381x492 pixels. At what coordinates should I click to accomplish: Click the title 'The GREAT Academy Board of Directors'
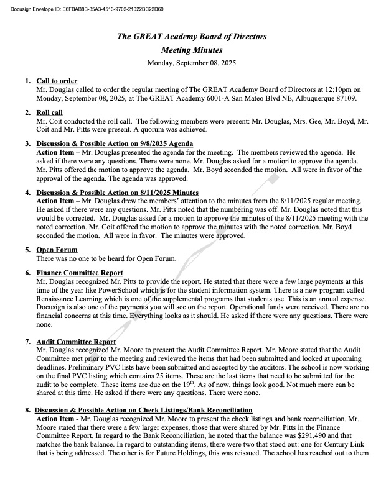click(x=192, y=37)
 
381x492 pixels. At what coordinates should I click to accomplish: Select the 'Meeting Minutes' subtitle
click(x=192, y=50)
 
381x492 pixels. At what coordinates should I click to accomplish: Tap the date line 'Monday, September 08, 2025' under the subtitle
click(x=192, y=63)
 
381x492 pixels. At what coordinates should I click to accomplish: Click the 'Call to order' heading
click(x=57, y=81)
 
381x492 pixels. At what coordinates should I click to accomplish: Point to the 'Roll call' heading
click(x=50, y=112)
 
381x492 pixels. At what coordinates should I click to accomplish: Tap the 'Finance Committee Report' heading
click(x=80, y=273)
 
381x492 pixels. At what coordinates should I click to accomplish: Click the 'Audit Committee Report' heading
click(x=77, y=342)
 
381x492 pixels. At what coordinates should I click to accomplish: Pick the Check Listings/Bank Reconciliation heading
click(x=143, y=410)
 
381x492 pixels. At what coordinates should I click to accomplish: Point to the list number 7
click(x=28, y=342)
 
